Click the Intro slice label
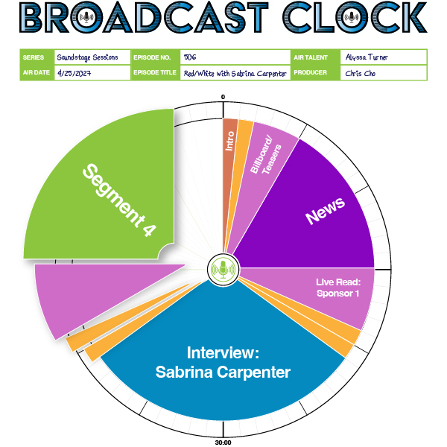230,140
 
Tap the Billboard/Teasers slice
264,156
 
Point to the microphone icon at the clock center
223,269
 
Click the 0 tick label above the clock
223,98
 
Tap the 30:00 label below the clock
223,443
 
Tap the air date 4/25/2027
74,73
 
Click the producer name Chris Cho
361,73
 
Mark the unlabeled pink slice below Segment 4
82,298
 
